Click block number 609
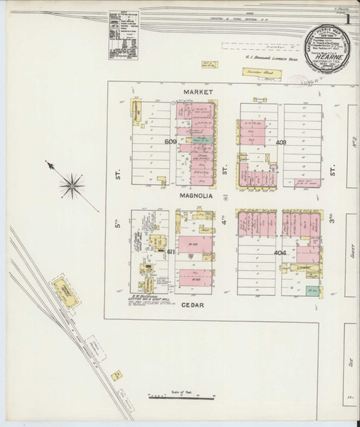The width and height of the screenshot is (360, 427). [171, 142]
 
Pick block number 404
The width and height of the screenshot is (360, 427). [280, 252]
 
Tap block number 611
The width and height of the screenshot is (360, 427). [171, 252]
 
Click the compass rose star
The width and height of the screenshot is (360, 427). [72, 187]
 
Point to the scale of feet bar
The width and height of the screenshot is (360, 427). [175, 397]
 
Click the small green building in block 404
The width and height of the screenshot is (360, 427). [311, 290]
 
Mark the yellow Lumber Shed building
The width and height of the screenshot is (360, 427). [258, 72]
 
